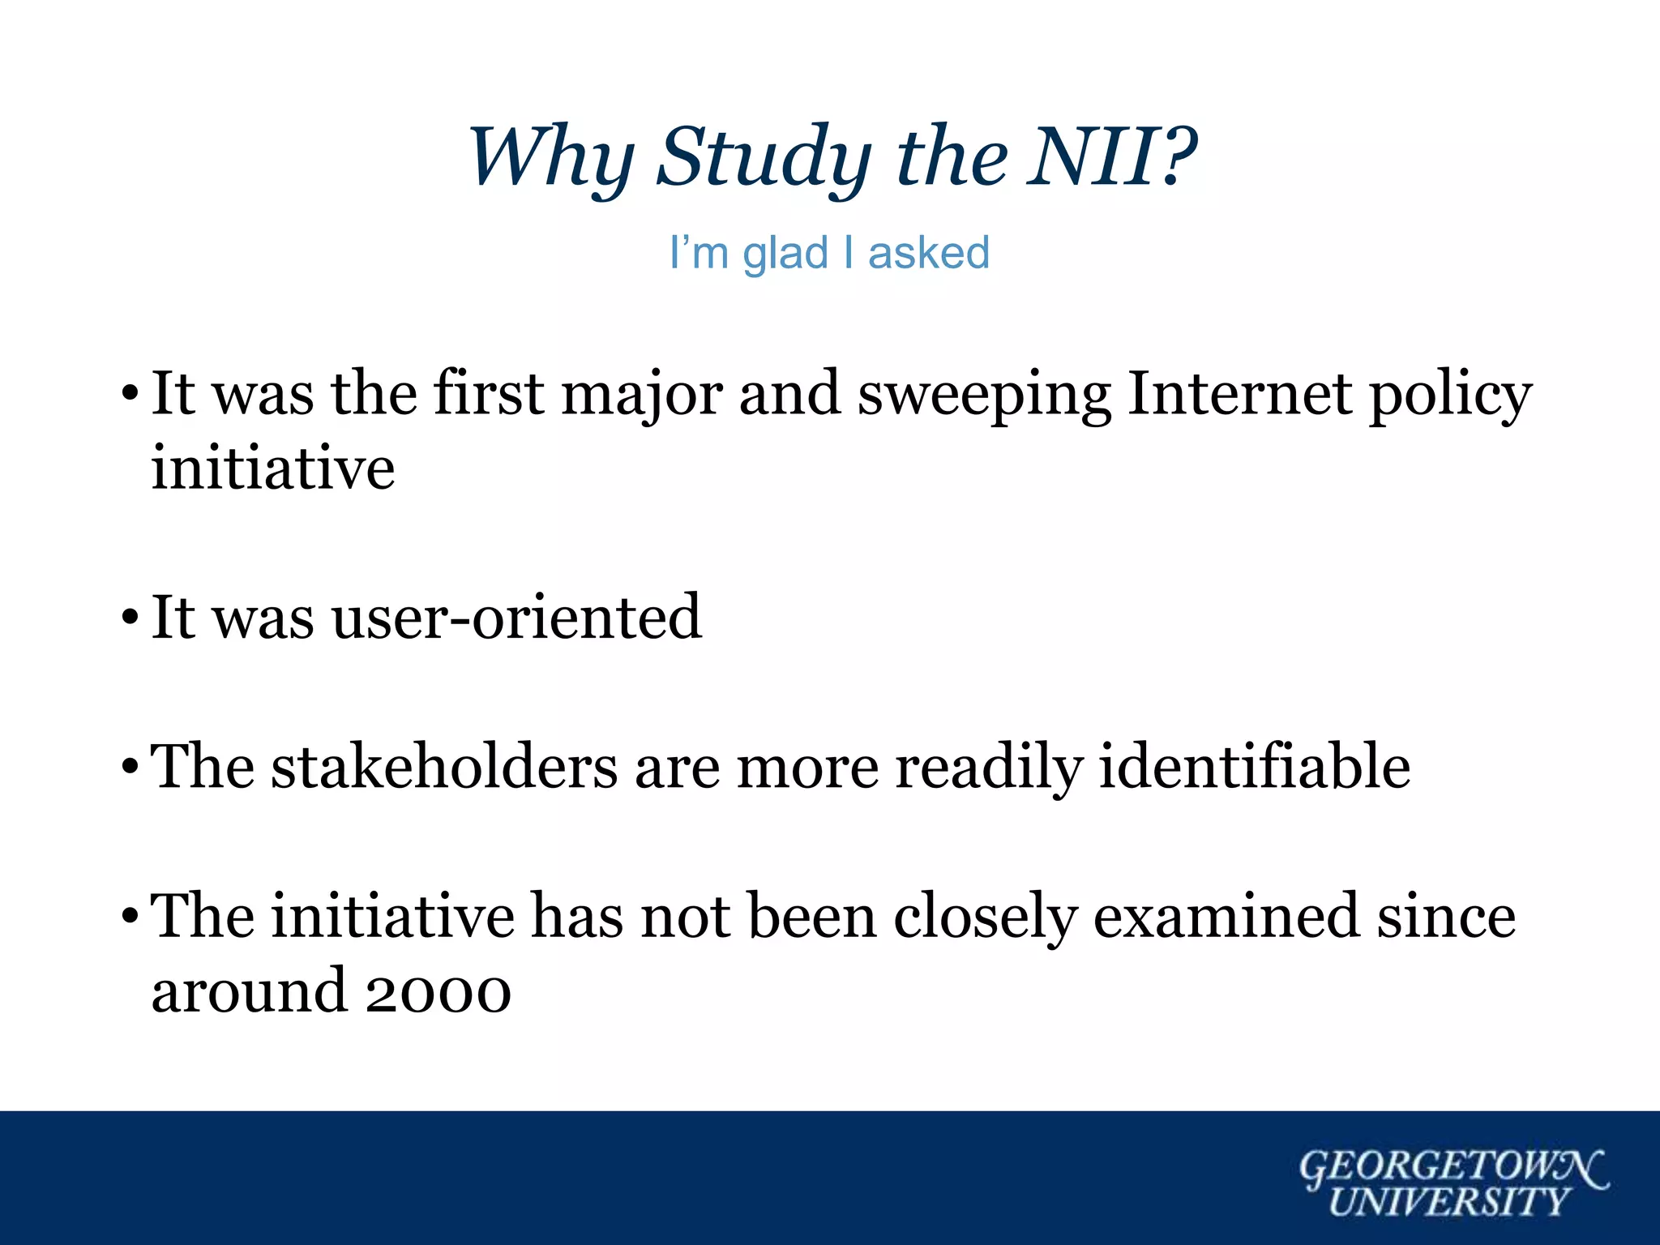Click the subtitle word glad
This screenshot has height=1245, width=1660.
click(x=785, y=253)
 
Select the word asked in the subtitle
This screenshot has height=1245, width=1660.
click(x=929, y=253)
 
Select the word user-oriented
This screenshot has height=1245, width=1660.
click(x=516, y=618)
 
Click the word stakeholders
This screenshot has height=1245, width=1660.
click(x=444, y=767)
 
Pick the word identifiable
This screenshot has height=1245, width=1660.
click(x=1254, y=767)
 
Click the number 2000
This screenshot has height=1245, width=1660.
click(x=438, y=991)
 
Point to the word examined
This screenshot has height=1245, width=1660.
click(x=1225, y=917)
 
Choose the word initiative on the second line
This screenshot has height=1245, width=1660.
click(x=273, y=468)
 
